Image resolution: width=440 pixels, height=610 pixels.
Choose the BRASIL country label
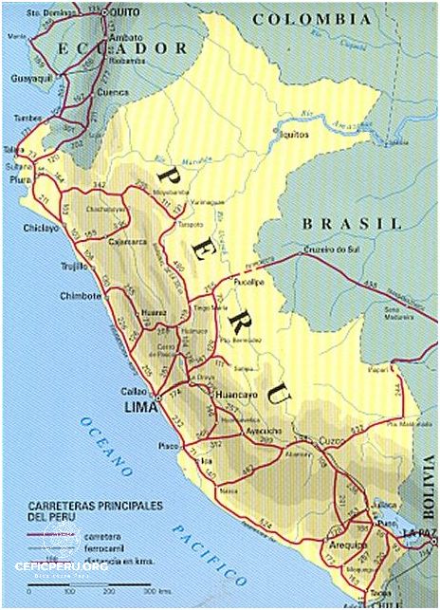(352, 223)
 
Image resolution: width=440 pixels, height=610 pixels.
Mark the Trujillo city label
(74, 267)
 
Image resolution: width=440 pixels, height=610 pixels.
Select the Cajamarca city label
(124, 242)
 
